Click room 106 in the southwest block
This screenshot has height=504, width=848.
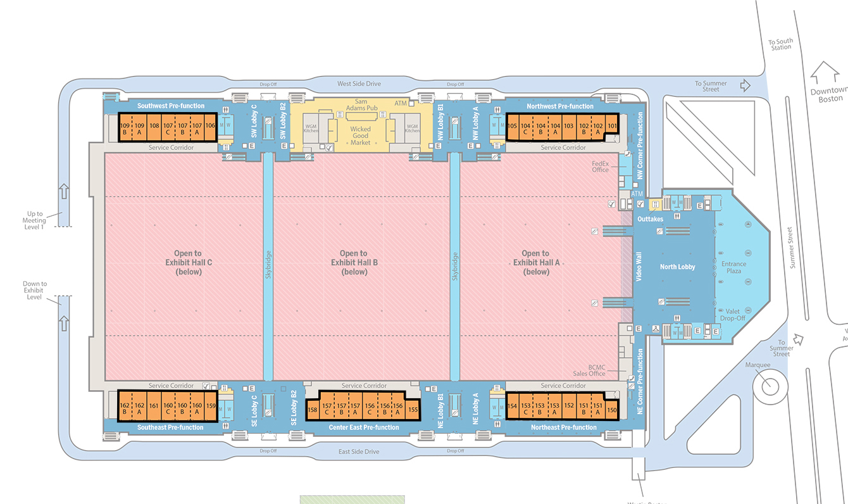[x=210, y=125]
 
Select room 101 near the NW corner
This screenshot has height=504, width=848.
[x=612, y=125]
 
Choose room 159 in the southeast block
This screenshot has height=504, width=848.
[x=211, y=405]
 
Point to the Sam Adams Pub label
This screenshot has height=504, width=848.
[x=361, y=104]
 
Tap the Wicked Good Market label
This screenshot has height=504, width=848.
[x=361, y=135]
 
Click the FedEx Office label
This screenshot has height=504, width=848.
[x=600, y=167]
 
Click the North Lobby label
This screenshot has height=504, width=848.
[x=678, y=267]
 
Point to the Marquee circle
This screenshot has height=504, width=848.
[x=770, y=386]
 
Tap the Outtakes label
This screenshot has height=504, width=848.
[x=651, y=219]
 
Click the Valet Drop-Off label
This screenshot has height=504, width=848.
[x=733, y=315]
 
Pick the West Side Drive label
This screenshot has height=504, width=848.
[x=359, y=84]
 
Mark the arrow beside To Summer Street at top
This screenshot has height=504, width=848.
[x=745, y=84]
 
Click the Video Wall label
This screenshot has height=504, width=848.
[x=639, y=267]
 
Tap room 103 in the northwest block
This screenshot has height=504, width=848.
[x=568, y=125]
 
